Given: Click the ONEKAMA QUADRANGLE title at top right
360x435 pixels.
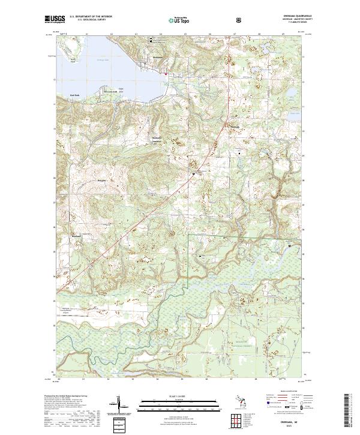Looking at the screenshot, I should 287,16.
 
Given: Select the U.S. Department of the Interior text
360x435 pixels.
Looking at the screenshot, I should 90,17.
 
